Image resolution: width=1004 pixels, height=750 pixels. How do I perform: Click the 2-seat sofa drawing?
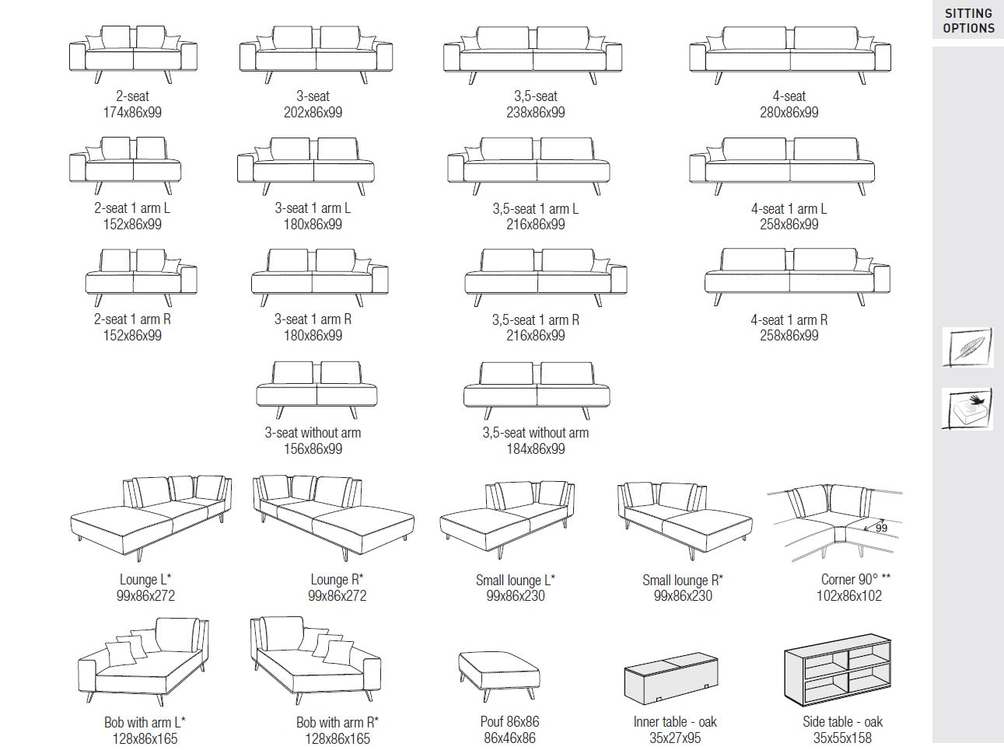(x=133, y=55)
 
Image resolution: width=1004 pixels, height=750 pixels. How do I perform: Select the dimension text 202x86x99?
(x=313, y=113)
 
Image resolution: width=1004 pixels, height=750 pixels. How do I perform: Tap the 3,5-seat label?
(x=535, y=96)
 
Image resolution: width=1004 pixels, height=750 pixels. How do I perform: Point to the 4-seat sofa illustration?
(x=789, y=54)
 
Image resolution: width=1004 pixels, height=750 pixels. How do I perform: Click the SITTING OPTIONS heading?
(x=968, y=21)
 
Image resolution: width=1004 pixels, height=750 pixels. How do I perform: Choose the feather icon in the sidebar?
(x=967, y=347)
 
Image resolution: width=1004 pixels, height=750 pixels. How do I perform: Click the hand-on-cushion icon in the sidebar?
(x=967, y=410)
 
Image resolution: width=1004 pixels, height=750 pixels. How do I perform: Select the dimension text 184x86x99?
(x=535, y=449)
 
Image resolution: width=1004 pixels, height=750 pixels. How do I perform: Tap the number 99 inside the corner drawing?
(x=881, y=528)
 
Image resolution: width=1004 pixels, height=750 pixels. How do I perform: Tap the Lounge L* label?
(x=145, y=580)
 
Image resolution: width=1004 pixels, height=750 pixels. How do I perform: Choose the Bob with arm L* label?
(x=145, y=723)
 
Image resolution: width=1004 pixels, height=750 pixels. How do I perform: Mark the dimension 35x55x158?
(x=843, y=738)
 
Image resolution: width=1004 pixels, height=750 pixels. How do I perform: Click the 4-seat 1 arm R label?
(x=789, y=320)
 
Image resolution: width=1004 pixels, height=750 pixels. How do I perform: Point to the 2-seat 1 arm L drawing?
(x=125, y=165)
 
